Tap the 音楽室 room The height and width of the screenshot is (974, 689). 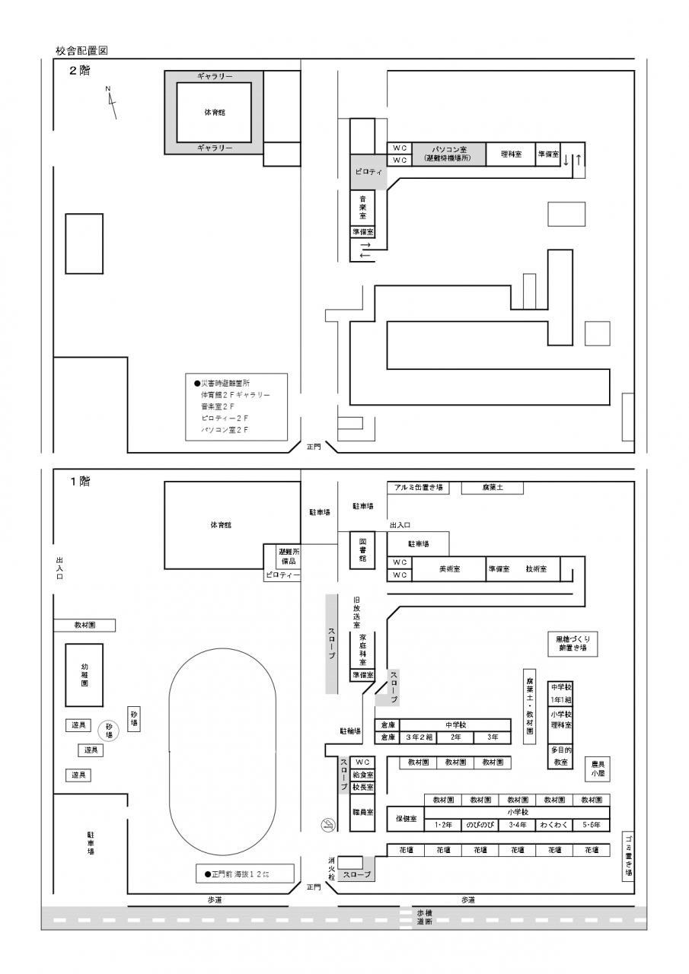pyautogui.click(x=363, y=207)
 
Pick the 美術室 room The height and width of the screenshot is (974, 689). pyautogui.click(x=448, y=569)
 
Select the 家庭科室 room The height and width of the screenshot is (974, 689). pyautogui.click(x=363, y=649)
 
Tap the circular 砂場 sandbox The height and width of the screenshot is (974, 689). pyautogui.click(x=109, y=731)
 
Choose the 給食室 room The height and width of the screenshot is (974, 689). pyautogui.click(x=363, y=774)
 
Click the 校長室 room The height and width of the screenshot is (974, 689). pyautogui.click(x=363, y=788)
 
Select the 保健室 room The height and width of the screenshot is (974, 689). pyautogui.click(x=405, y=819)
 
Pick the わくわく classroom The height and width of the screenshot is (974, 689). pyautogui.click(x=553, y=825)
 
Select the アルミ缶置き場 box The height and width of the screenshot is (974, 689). pyautogui.click(x=419, y=488)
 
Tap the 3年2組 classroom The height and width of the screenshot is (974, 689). pyautogui.click(x=418, y=737)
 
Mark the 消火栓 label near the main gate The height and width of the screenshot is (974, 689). pyautogui.click(x=330, y=868)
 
